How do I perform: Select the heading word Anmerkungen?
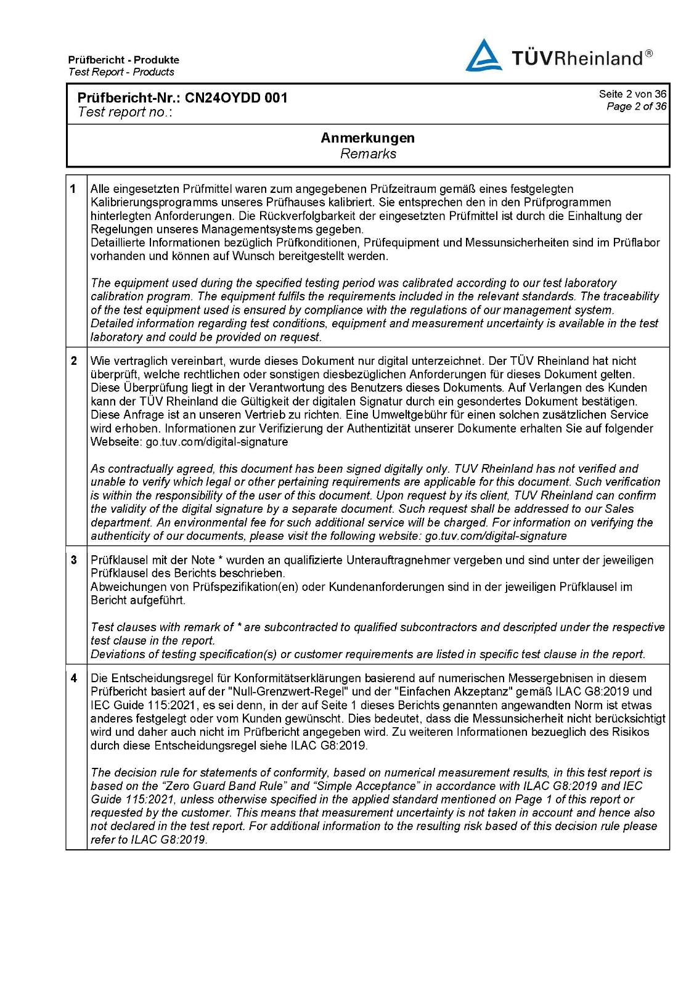click(x=367, y=138)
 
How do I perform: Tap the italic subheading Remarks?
click(x=368, y=154)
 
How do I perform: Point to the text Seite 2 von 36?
click(x=632, y=94)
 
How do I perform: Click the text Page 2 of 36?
click(x=636, y=107)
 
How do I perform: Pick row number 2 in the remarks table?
click(x=74, y=361)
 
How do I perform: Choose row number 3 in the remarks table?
click(x=74, y=560)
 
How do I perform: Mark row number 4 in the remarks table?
click(x=74, y=678)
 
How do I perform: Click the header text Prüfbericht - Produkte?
click(x=124, y=60)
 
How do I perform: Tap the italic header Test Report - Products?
click(x=121, y=72)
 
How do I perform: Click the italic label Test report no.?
click(x=125, y=112)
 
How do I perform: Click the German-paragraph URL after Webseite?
click(x=216, y=442)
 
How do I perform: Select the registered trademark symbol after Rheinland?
click(x=649, y=53)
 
